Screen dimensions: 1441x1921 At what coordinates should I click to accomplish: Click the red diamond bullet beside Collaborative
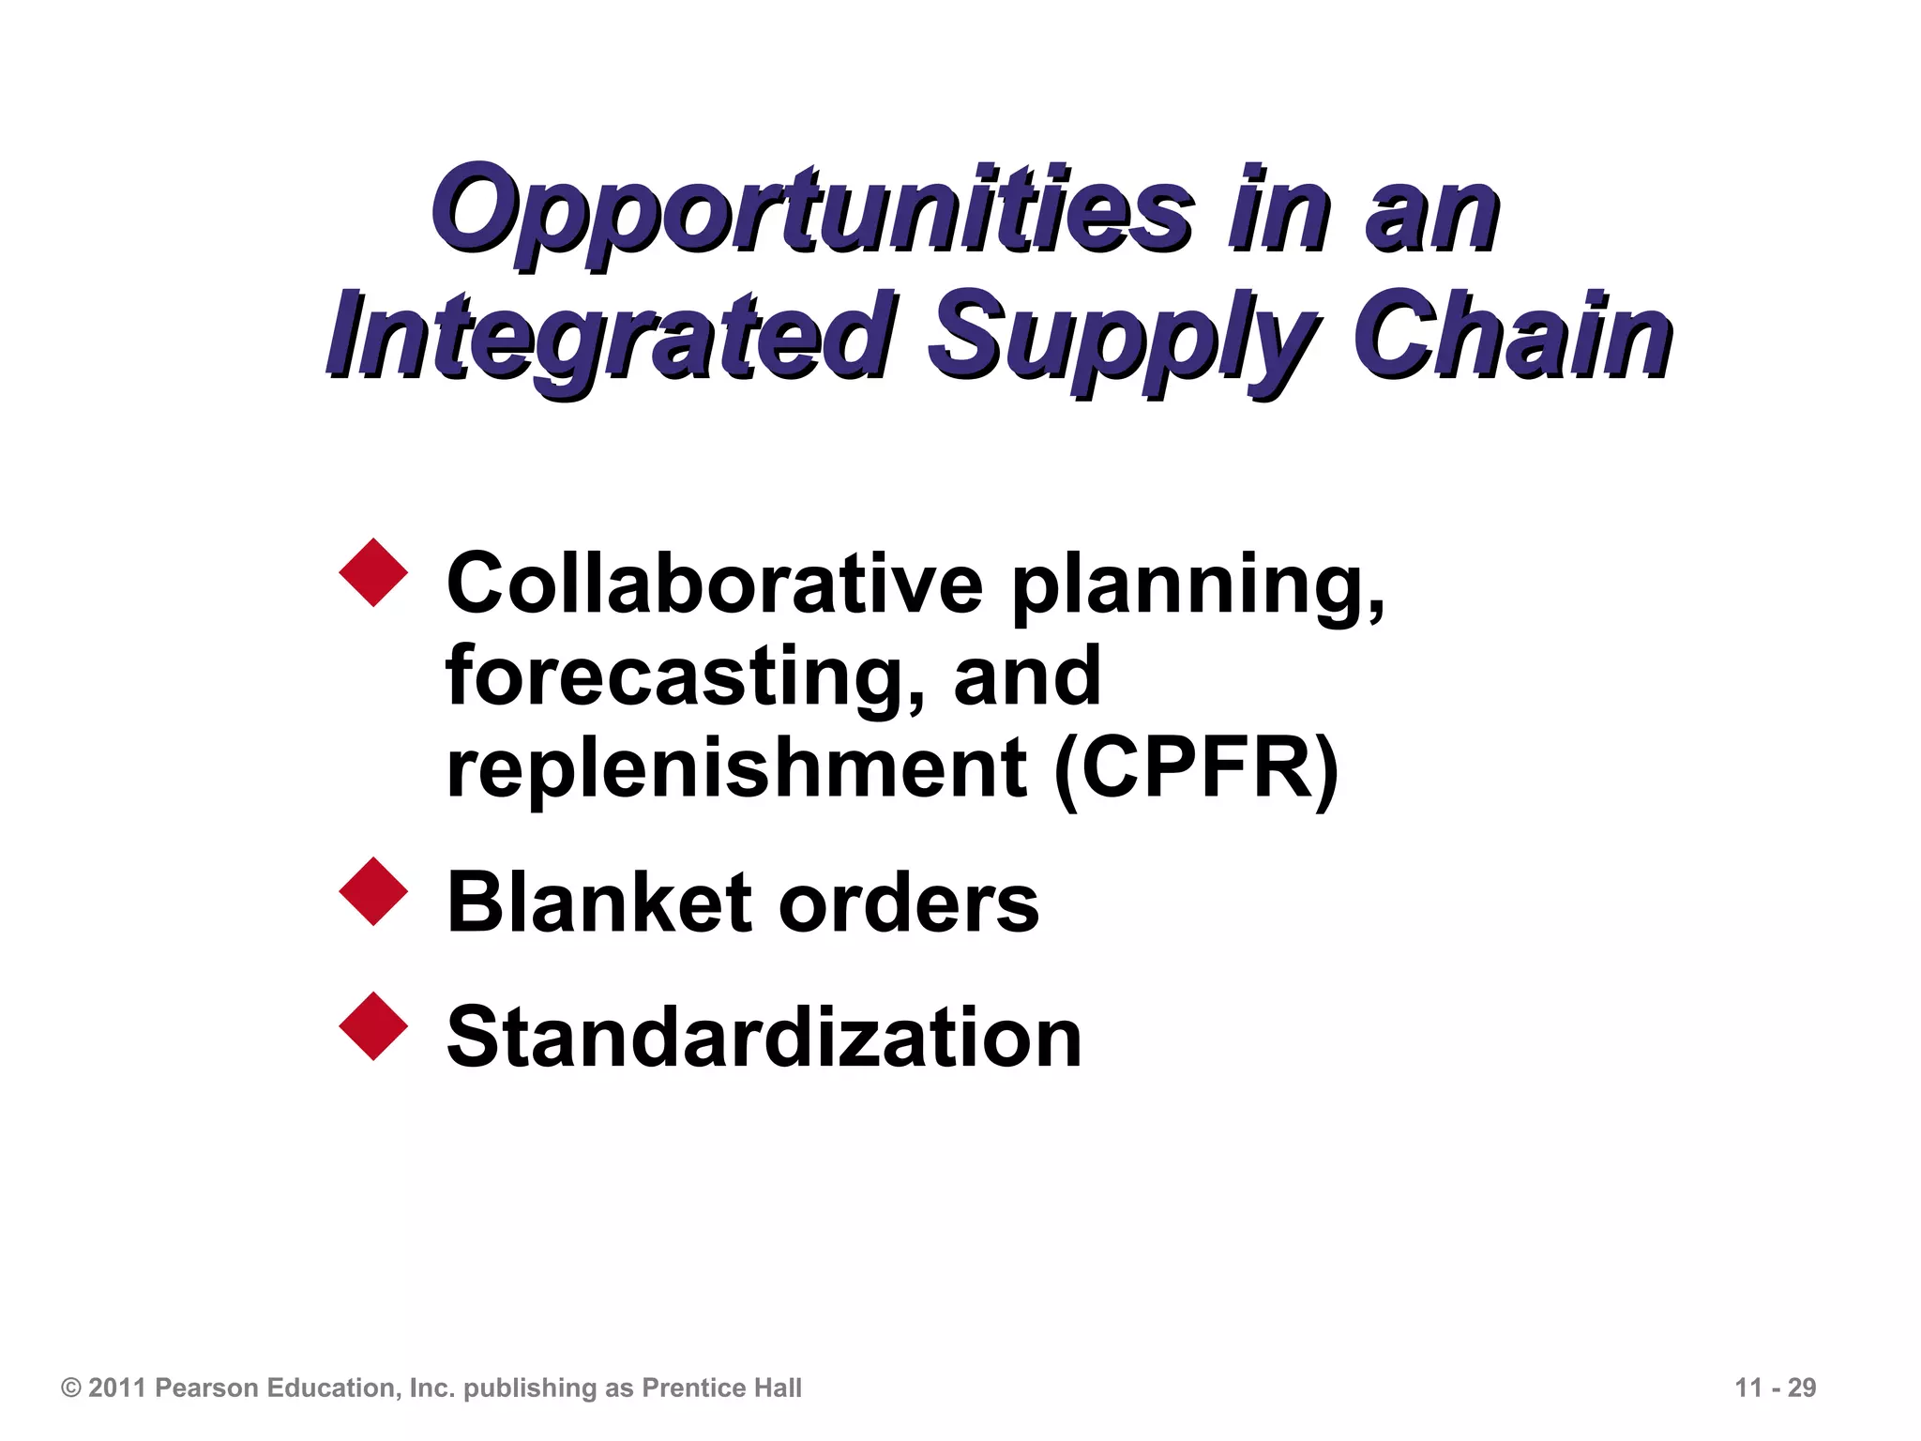373,572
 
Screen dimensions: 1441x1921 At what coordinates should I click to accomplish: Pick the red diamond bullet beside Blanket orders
373,891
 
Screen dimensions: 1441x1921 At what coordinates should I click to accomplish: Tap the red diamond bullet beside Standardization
373,1026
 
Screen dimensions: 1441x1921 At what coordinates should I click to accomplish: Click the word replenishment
736,769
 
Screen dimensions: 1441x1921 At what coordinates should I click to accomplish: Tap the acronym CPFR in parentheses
1196,769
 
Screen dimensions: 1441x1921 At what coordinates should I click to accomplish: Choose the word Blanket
598,903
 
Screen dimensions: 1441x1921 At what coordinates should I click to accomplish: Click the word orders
908,904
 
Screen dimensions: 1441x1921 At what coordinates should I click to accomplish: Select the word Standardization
764,1038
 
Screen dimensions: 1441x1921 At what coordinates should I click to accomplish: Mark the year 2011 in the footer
118,1388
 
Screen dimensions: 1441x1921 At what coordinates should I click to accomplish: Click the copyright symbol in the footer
71,1388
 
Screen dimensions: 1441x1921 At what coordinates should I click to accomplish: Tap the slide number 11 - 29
1775,1388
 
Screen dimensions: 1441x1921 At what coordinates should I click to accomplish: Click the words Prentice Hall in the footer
721,1388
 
